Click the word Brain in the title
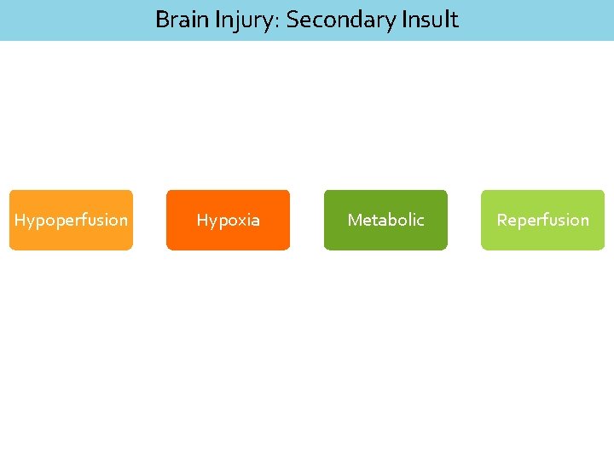[x=181, y=20]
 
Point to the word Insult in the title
[x=429, y=20]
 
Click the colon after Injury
[x=279, y=22]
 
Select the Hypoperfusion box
[x=71, y=220]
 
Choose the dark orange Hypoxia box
[x=228, y=220]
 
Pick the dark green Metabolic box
[x=385, y=220]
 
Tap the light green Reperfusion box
[x=542, y=220]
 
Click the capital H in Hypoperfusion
[x=20, y=220]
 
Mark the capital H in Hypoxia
[x=202, y=220]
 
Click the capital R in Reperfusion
[x=501, y=220]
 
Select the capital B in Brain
[x=162, y=20]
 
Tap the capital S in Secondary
[x=293, y=20]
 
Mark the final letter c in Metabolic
[x=420, y=221]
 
